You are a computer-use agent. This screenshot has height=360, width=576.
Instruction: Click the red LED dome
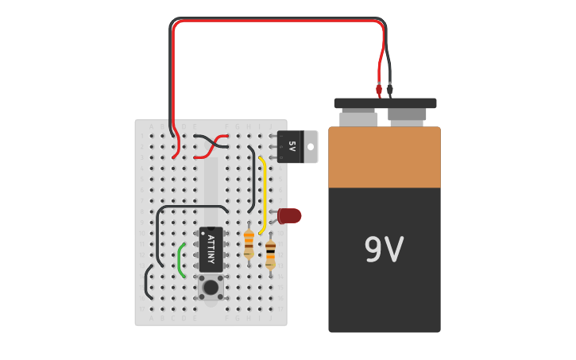coord(291,215)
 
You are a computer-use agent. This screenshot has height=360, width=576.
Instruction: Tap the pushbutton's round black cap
coord(211,287)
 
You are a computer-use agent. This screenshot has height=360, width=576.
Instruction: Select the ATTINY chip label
coord(211,246)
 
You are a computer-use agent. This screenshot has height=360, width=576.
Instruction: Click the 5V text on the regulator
coord(292,146)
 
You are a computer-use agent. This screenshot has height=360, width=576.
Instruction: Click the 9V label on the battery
coord(384,250)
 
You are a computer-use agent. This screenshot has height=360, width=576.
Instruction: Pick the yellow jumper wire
coord(263,195)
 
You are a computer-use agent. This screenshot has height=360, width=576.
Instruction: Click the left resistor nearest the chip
coord(249,242)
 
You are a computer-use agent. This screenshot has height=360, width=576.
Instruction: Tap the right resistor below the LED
coord(270,254)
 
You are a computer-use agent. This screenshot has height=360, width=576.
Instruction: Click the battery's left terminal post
coord(358,118)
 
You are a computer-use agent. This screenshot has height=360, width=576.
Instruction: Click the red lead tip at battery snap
coord(380,89)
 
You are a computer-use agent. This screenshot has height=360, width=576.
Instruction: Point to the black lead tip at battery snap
coord(390,91)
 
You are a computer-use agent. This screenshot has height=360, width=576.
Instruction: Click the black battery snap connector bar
coord(385,103)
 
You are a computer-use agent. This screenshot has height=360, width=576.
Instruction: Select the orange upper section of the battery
coord(384,157)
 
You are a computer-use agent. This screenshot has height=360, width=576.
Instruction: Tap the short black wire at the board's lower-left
coord(147,282)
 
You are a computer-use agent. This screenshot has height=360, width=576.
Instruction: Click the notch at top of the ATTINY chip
coord(211,229)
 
